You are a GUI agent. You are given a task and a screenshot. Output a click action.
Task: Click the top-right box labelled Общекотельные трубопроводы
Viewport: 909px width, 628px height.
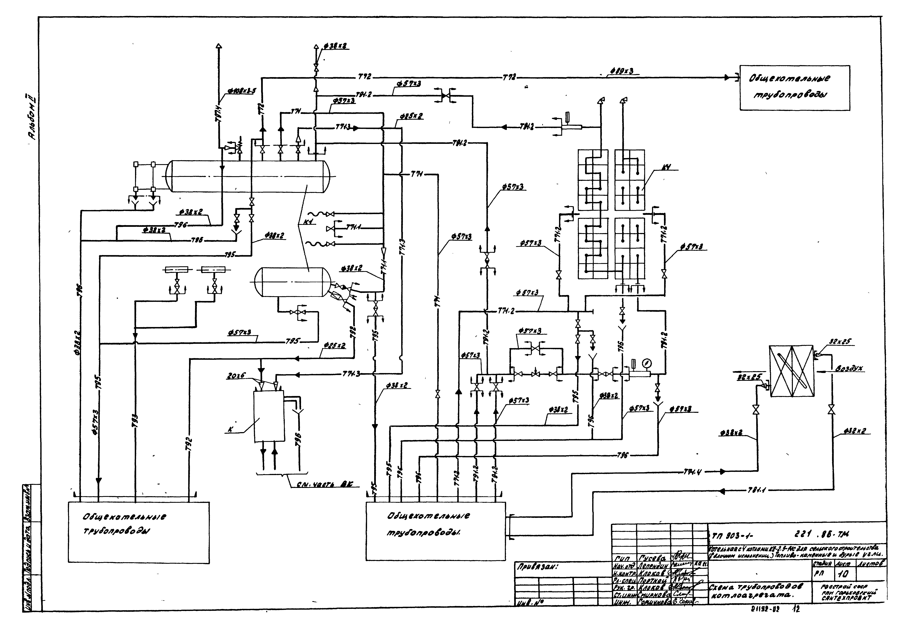[794, 87]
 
